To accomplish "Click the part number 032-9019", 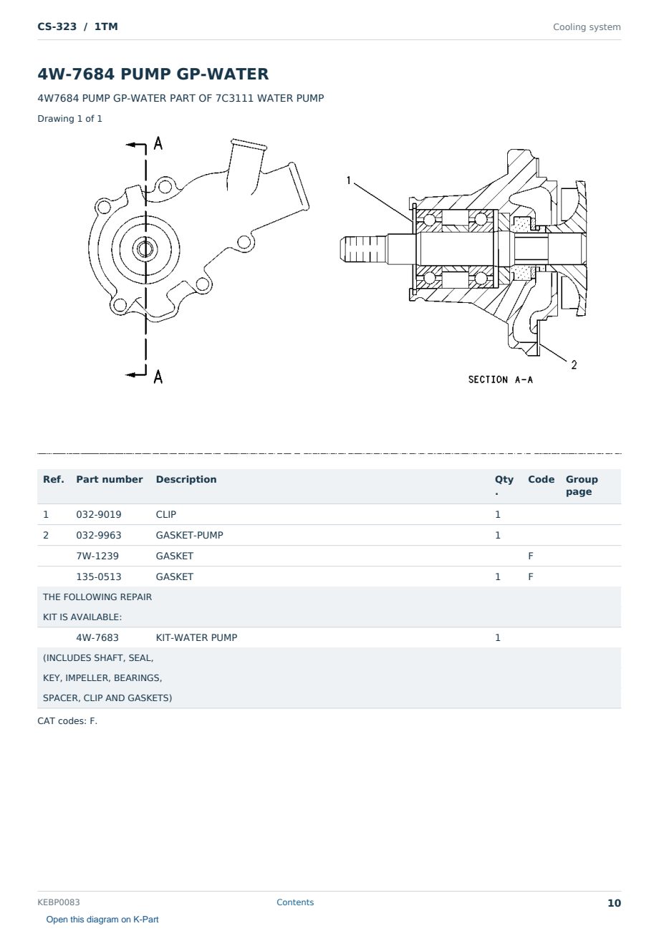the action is click(x=99, y=514).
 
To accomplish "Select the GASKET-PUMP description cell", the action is click(x=189, y=536).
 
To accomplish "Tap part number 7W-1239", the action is click(x=97, y=556).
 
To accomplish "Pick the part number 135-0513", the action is click(x=99, y=577).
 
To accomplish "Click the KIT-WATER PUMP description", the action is click(x=196, y=637).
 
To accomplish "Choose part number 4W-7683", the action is click(x=97, y=637).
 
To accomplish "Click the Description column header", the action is click(x=186, y=479).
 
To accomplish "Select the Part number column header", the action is click(x=110, y=479).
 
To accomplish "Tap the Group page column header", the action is click(x=582, y=486).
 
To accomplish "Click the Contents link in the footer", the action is click(x=295, y=902).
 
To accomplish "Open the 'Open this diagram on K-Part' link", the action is click(x=102, y=920).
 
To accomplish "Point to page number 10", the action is click(x=614, y=903).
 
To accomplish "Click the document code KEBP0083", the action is click(x=59, y=902).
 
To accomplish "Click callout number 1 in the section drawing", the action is click(x=348, y=180).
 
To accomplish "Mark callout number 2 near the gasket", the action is click(x=574, y=365).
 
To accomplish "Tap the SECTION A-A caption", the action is click(x=500, y=380).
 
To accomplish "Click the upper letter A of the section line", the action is click(x=158, y=143).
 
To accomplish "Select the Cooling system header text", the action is click(x=587, y=27).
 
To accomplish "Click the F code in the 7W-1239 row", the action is click(x=531, y=556).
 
